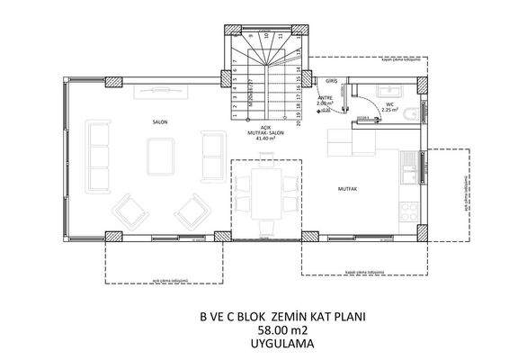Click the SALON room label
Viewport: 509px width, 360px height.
(x=161, y=120)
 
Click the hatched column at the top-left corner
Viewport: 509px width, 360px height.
(x=115, y=83)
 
